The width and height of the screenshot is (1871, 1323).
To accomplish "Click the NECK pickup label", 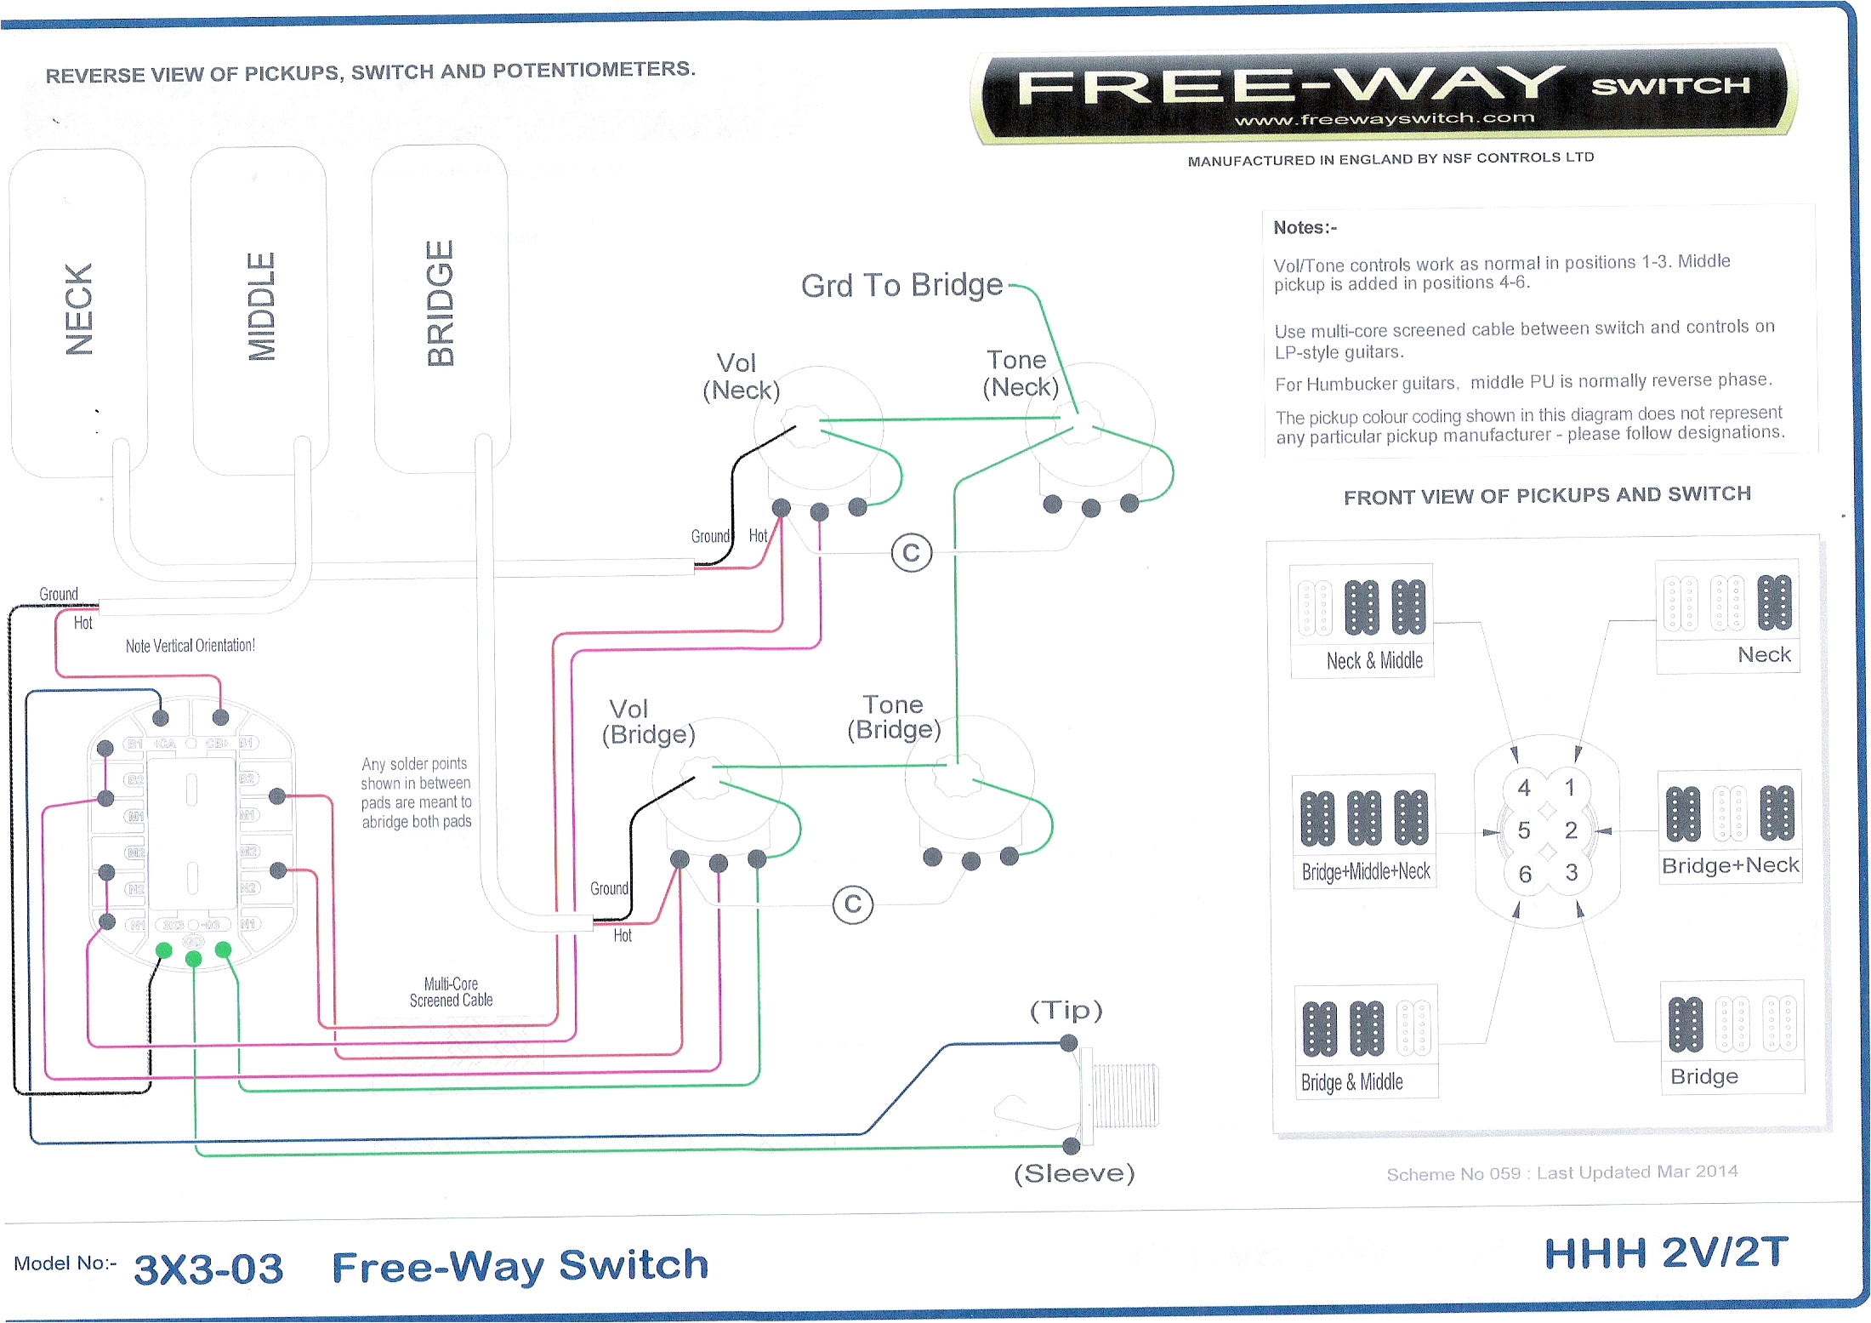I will click(79, 309).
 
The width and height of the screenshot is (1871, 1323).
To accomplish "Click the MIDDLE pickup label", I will click(261, 306).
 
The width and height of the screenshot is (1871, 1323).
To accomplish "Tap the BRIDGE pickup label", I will click(441, 304).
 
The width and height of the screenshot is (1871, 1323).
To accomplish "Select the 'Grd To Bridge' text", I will click(901, 286).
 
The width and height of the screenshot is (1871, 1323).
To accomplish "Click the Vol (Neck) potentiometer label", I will click(740, 376).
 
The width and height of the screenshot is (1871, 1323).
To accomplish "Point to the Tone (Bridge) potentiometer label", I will click(893, 717).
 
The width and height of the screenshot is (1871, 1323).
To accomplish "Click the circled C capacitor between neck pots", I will click(911, 553).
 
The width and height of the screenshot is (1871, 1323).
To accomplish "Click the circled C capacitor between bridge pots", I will click(852, 904).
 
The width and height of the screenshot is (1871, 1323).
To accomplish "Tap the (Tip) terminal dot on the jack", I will click(1069, 1043).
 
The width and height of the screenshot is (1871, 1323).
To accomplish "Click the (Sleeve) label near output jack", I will click(1073, 1173).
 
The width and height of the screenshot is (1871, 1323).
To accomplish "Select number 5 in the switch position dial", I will click(1523, 830).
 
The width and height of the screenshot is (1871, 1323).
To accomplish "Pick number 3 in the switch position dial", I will click(1571, 872).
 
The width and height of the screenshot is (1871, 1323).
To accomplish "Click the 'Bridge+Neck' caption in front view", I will click(1730, 865).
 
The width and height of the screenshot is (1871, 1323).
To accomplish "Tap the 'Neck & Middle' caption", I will click(1373, 661).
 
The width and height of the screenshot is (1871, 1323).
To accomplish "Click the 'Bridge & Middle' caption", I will click(1351, 1082).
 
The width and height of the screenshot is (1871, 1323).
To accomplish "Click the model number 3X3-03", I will click(208, 1269).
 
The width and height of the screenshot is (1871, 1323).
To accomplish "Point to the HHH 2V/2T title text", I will click(1665, 1253).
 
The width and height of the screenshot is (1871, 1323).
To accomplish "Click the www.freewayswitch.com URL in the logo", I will click(1384, 119).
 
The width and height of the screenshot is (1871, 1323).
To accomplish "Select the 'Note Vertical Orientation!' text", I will click(190, 646).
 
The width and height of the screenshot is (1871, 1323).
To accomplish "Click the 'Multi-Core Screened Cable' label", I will click(451, 992).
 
